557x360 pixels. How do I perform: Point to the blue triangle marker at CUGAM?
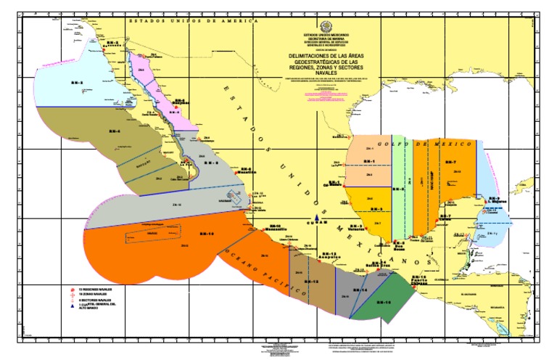pos(319,218)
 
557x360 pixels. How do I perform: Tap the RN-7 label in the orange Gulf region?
pos(450,161)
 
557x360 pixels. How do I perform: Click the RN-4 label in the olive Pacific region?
pos(114,131)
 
